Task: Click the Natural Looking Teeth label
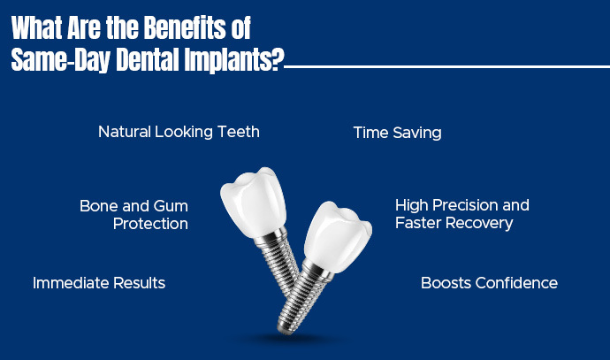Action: tap(179, 132)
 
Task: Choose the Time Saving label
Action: tap(397, 133)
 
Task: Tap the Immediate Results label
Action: tap(99, 283)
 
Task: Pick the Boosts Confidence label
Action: tap(489, 283)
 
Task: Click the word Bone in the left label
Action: tap(98, 205)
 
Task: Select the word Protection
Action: tap(150, 224)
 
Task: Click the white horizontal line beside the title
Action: tap(442, 65)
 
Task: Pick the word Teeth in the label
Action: tap(240, 132)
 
